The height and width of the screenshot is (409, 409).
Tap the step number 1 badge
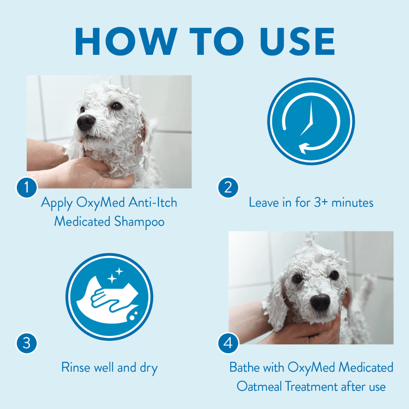click(x=27, y=187)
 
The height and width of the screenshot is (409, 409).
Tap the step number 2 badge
click(x=228, y=187)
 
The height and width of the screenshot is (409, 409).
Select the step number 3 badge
click(x=27, y=343)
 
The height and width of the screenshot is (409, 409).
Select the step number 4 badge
click(x=228, y=343)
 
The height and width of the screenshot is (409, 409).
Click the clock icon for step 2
click(x=311, y=122)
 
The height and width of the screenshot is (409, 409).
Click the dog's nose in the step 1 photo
click(x=86, y=122)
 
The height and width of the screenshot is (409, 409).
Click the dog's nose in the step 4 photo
click(x=320, y=302)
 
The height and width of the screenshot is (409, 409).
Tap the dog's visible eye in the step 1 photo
click(x=116, y=106)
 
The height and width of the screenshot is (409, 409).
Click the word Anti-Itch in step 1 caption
click(x=153, y=202)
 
